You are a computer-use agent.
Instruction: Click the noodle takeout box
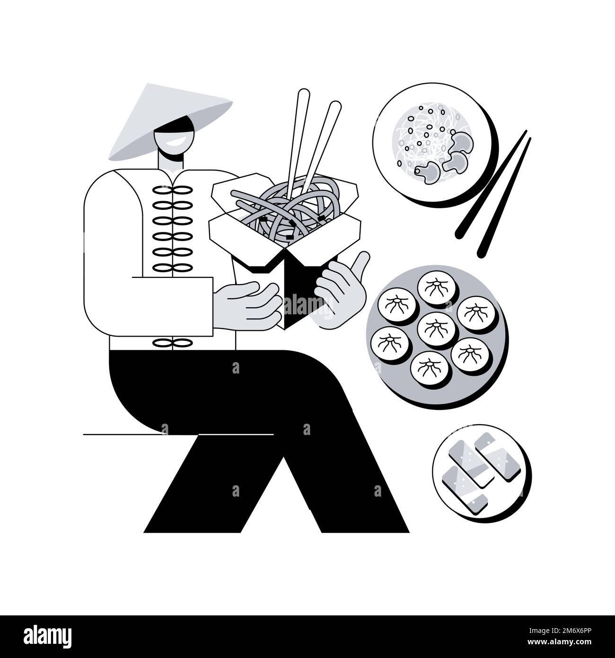tap(284, 237)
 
